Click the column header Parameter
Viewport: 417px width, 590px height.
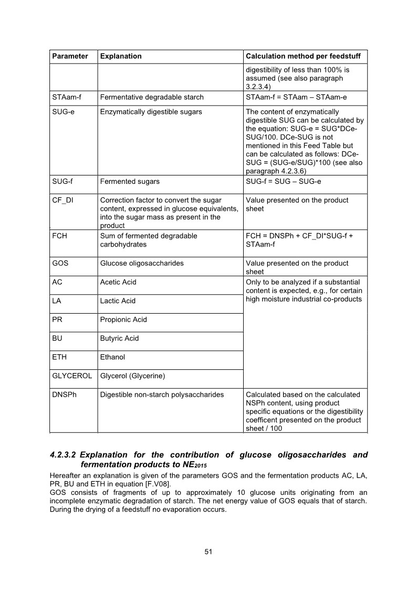[x=70, y=56]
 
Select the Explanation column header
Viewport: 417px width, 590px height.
[x=121, y=56]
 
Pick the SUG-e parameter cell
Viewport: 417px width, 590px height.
[x=63, y=112]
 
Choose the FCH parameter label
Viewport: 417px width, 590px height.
[x=59, y=236]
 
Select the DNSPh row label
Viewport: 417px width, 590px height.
[x=64, y=395]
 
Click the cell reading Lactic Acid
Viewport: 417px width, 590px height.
[x=118, y=301]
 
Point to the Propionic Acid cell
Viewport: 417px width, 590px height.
[x=123, y=319]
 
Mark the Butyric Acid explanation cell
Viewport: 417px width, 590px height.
[x=119, y=338]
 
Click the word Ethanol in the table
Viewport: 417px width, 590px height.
[x=112, y=357]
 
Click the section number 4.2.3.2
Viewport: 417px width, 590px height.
[x=64, y=454]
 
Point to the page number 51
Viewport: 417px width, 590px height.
[x=208, y=552]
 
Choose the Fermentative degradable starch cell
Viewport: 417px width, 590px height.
[x=152, y=97]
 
